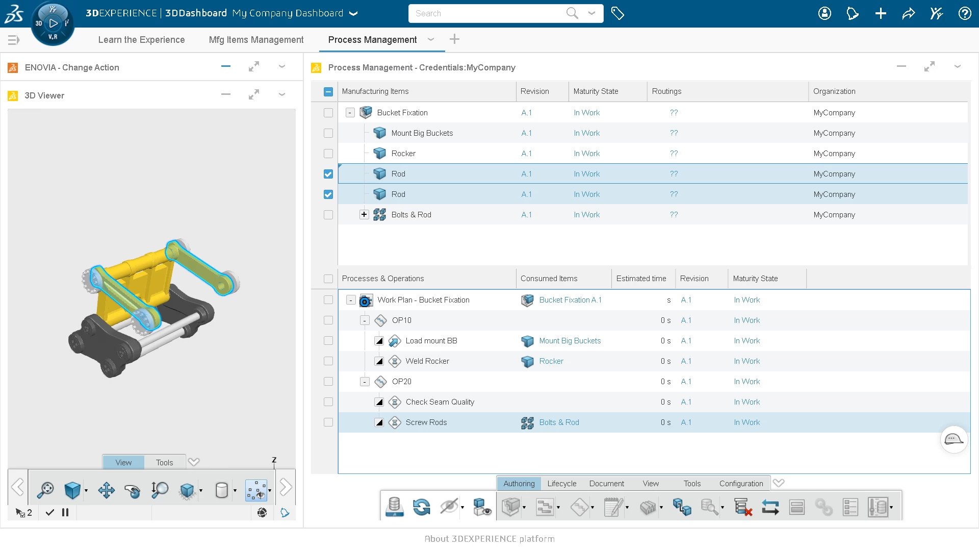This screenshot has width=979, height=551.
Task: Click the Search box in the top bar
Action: (484, 13)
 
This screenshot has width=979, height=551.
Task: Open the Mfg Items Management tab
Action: (256, 40)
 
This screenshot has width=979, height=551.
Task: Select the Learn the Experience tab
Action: (141, 40)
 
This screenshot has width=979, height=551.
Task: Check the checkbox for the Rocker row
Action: (328, 154)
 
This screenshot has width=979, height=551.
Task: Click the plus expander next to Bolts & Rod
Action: (364, 215)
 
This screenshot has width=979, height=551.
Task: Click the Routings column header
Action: (666, 91)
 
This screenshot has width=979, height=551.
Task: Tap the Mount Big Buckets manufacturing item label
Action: (422, 133)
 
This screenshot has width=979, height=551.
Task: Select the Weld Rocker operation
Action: (427, 361)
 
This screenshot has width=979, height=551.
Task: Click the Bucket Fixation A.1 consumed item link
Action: (570, 300)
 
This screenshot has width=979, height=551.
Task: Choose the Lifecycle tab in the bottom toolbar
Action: (561, 484)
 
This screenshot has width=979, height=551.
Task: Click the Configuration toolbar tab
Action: (741, 484)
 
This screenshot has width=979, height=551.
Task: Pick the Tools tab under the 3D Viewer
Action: (164, 463)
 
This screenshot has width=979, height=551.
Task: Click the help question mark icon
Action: (964, 13)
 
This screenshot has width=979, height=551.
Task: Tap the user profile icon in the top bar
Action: (825, 13)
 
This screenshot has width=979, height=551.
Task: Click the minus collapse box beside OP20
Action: (365, 382)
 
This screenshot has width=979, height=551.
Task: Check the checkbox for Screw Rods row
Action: (328, 422)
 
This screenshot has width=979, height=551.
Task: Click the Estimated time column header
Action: (641, 279)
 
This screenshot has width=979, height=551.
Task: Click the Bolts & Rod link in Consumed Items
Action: (559, 422)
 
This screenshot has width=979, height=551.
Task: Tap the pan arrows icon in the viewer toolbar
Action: (106, 490)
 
